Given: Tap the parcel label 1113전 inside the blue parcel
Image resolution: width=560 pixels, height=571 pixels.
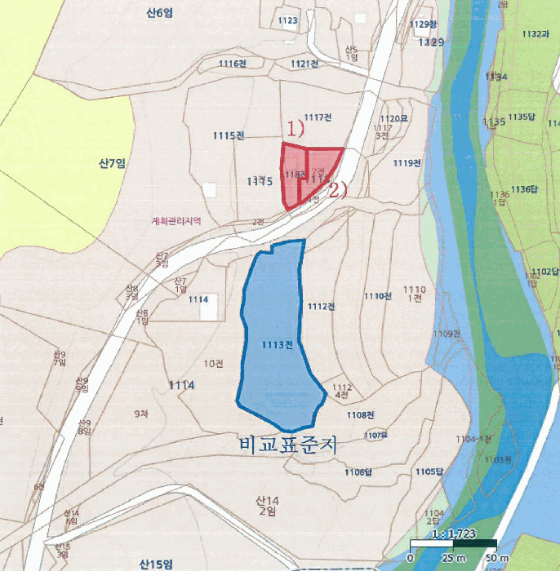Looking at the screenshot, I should click(278, 345).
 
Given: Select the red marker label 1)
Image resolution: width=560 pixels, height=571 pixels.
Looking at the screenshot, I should click(294, 129).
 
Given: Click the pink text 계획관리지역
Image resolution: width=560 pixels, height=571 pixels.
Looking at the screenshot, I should click(176, 220).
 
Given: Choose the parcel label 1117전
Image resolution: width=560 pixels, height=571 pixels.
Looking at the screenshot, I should click(317, 117).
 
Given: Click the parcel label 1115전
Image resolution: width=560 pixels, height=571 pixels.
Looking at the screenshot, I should click(229, 136).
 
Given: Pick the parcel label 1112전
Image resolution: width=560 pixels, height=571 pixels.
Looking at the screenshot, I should click(322, 307).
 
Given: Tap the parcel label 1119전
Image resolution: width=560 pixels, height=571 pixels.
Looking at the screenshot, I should click(407, 163).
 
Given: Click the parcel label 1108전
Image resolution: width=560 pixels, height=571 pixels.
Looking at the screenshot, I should click(359, 415).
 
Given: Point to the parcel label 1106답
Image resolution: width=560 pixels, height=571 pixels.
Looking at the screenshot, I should click(358, 472).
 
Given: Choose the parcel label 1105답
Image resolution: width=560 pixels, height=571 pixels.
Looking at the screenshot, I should click(427, 471).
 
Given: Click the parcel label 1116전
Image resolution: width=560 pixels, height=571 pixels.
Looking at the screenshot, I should click(233, 64).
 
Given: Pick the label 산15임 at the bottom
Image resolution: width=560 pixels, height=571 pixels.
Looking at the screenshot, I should click(155, 564).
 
